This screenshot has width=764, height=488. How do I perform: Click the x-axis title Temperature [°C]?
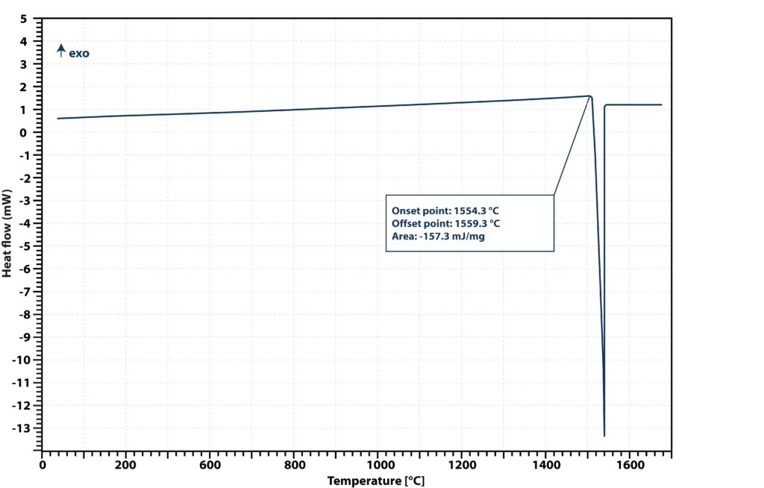[376, 481]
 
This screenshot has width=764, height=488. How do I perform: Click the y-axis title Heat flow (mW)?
[7, 234]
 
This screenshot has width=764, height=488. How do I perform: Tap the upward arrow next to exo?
[61, 51]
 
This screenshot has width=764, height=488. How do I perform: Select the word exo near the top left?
[79, 53]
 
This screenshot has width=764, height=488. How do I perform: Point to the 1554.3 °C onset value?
[476, 211]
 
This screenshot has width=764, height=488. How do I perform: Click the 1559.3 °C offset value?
[477, 224]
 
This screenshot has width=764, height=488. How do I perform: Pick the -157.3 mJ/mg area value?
[451, 237]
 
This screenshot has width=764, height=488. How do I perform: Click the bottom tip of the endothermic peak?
[604, 436]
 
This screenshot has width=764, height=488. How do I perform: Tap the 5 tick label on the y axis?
[23, 19]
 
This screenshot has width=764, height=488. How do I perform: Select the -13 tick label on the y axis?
[20, 428]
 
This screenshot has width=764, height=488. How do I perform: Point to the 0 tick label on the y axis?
[23, 133]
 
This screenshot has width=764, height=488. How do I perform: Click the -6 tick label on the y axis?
[23, 269]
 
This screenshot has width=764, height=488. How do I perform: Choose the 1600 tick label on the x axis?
[630, 465]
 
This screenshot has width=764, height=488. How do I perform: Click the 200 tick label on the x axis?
[125, 465]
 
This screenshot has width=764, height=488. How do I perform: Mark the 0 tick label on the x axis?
[43, 465]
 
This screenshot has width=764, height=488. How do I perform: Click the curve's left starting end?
[57, 119]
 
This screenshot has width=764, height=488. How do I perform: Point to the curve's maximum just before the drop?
[589, 96]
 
